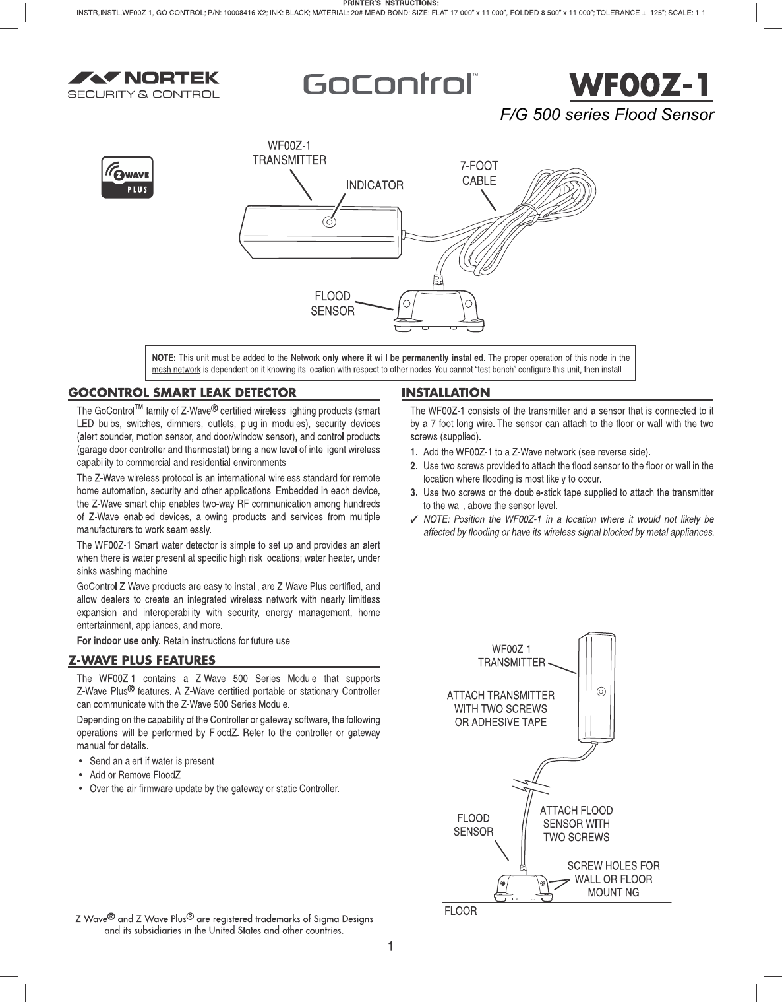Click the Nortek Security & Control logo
[144, 84]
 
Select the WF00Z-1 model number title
[640, 85]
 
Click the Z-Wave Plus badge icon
[127, 177]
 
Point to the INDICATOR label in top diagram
[375, 185]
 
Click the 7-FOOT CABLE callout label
[479, 174]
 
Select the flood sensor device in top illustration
[436, 308]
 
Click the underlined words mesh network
[176, 369]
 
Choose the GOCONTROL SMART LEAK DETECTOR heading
[183, 393]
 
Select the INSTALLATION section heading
[446, 393]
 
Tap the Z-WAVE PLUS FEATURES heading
[142, 660]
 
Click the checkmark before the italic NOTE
[413, 519]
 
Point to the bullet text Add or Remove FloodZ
[136, 774]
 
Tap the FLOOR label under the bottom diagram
[460, 911]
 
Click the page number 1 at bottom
[390, 947]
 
